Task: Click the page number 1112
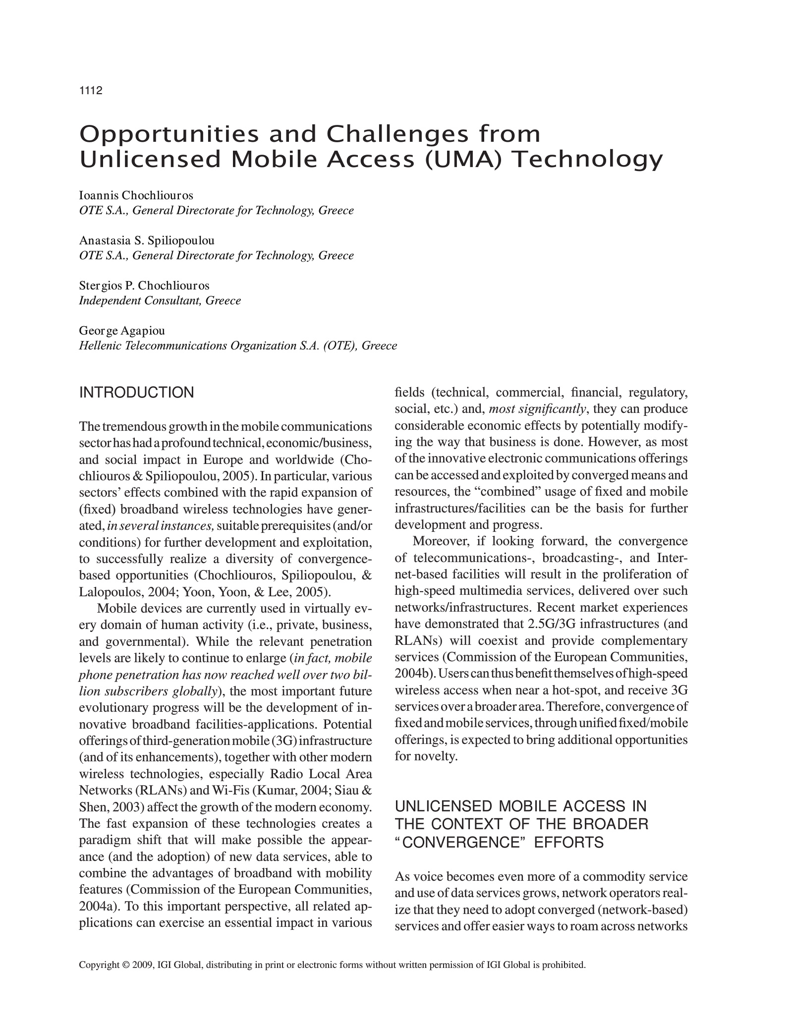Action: coord(90,91)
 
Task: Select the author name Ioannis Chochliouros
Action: coord(136,195)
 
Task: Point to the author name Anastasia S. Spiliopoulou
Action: coord(147,240)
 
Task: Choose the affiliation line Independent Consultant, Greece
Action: coord(160,301)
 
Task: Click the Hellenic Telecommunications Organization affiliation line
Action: coord(238,345)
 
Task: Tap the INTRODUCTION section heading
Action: coord(137,393)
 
